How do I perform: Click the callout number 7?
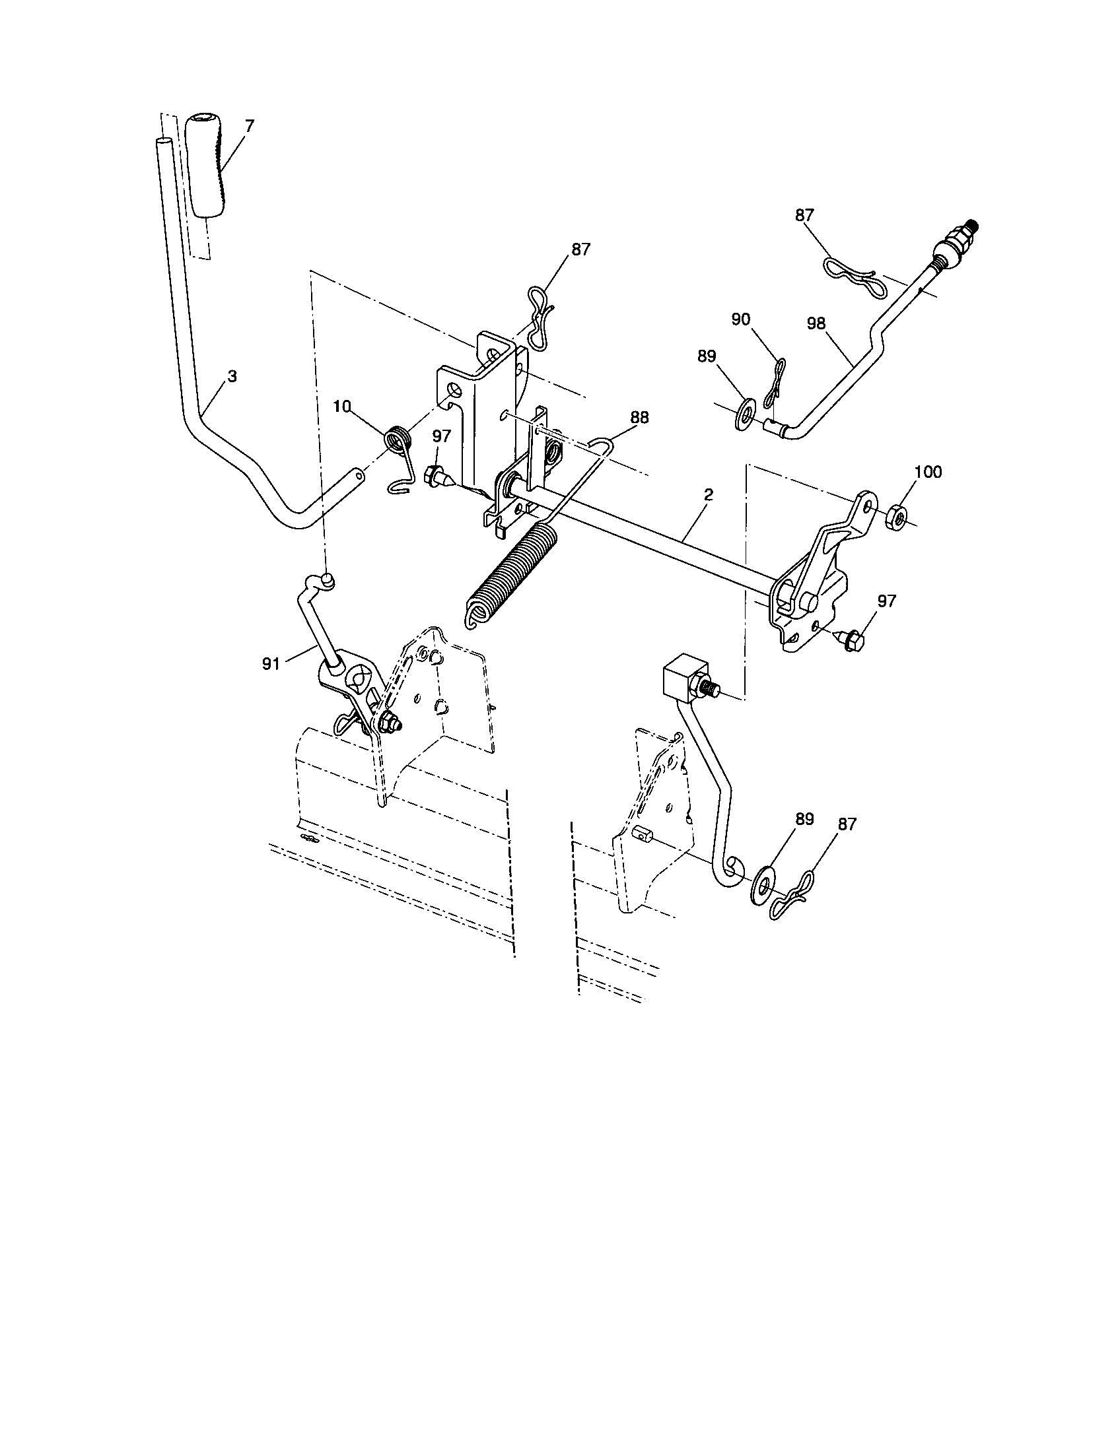249,124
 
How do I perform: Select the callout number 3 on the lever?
231,376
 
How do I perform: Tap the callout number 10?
342,407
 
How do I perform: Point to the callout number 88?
640,418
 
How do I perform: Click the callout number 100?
928,472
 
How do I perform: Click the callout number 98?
816,323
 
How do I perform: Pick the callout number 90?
740,320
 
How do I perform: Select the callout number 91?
271,663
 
